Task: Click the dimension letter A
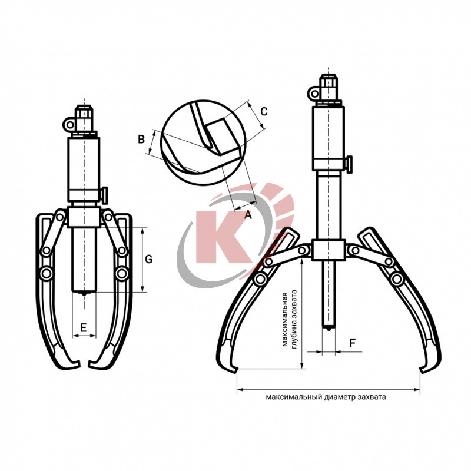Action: pos(248,215)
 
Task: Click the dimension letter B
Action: pos(141,140)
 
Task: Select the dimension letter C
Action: pos(264,112)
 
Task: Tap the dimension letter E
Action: pos(84,327)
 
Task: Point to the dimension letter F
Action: pos(353,343)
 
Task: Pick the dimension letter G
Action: pos(149,259)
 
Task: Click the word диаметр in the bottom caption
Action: pos(340,397)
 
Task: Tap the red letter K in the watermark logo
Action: pos(224,237)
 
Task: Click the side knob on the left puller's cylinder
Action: pos(105,195)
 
